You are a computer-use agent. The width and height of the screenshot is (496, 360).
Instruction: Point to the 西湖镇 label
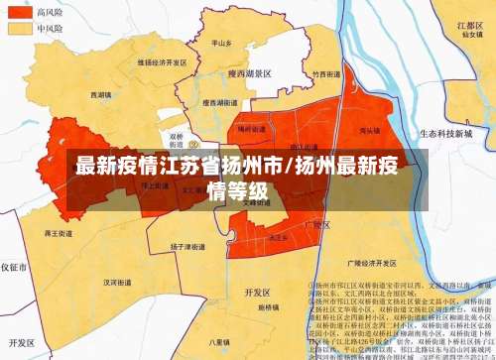coord(101,95)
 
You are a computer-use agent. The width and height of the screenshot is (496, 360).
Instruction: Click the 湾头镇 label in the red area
coord(368,130)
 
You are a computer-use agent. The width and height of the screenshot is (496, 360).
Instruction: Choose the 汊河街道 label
coord(120,281)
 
